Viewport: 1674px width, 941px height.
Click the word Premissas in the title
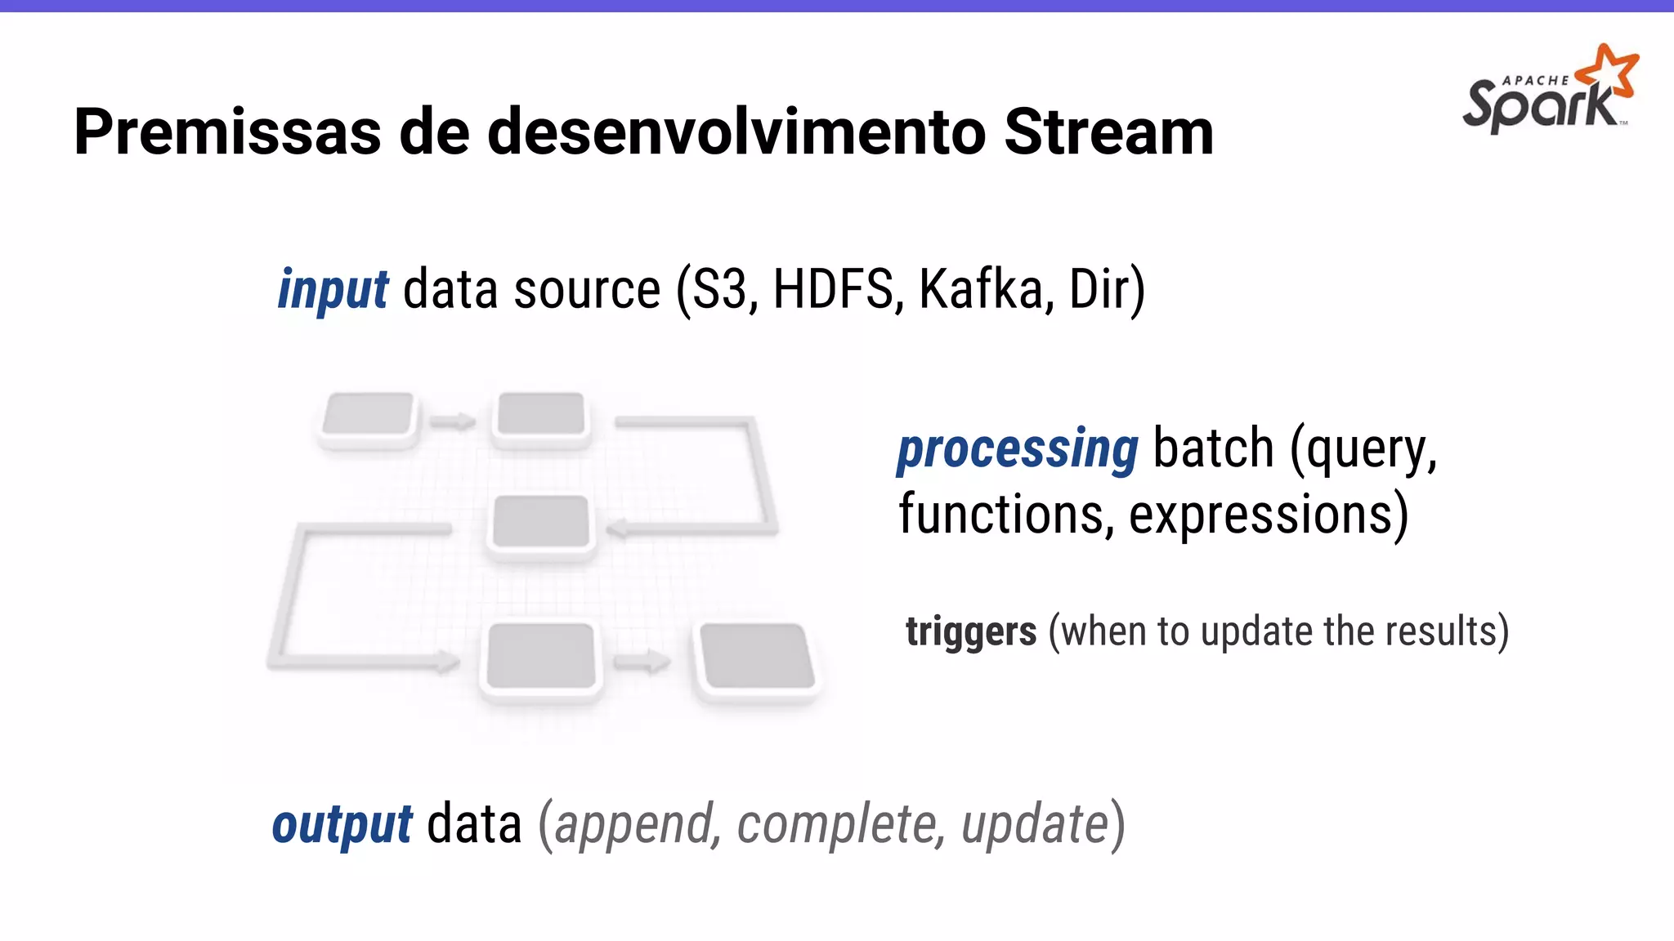[227, 132]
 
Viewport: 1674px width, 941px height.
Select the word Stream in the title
[1108, 132]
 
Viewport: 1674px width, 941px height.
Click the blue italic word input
[333, 291]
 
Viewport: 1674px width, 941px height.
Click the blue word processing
[1017, 449]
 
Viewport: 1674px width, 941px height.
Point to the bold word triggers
[971, 632]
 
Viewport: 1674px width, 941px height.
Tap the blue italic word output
[342, 824]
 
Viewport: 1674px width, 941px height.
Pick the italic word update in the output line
[1035, 823]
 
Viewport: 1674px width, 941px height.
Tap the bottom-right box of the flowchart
[757, 656]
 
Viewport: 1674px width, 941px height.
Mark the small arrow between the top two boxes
[453, 421]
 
